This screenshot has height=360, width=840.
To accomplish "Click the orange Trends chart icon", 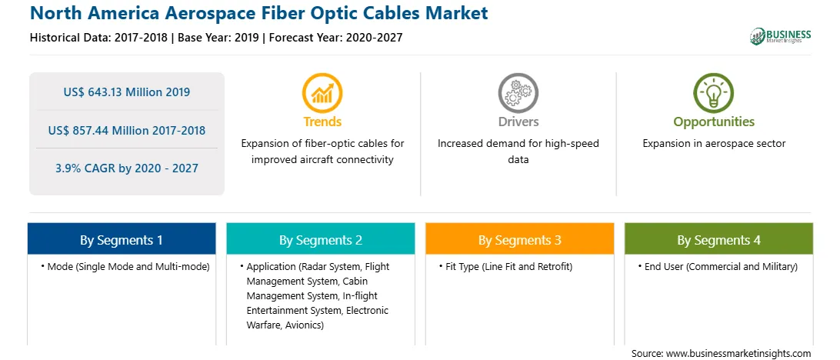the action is (x=322, y=92).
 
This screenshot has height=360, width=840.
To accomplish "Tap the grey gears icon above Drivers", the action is (x=518, y=92).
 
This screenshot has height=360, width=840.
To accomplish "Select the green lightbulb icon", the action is (x=714, y=92).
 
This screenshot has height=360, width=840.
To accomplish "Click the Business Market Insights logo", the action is (x=781, y=36).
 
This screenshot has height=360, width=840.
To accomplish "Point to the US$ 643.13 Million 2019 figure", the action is (x=127, y=92).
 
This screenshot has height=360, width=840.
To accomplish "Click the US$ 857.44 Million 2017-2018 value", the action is (x=127, y=130).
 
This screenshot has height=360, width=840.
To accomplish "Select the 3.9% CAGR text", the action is (x=127, y=168).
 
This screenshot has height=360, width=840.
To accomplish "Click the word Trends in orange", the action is (x=322, y=122).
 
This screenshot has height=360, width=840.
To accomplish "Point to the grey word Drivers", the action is (x=518, y=122).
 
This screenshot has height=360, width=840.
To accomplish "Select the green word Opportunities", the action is (x=714, y=122).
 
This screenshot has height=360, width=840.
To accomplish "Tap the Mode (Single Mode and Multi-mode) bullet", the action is (x=125, y=267).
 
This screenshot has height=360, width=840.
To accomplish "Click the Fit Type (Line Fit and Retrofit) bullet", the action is (x=505, y=267).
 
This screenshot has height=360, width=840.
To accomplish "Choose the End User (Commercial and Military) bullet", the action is (x=718, y=267).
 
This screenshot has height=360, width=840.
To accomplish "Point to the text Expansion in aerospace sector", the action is (x=714, y=144).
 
